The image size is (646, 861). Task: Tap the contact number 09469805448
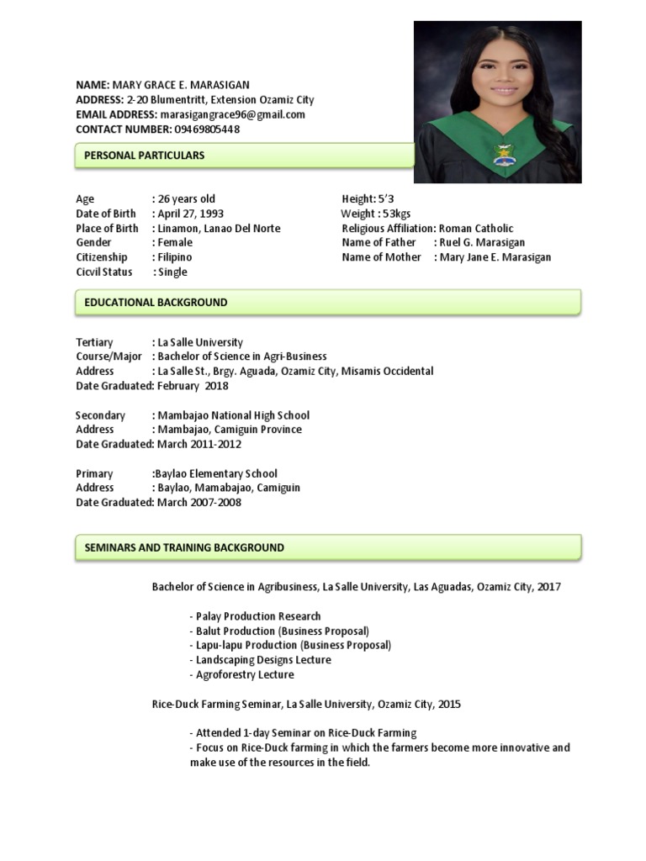tap(207, 129)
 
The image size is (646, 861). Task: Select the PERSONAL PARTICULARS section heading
tap(145, 156)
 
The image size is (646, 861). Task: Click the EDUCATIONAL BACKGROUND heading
tap(156, 302)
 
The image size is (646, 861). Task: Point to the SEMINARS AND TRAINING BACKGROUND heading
tap(184, 547)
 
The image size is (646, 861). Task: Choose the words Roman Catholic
tap(476, 229)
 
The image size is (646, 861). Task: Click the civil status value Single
tap(172, 272)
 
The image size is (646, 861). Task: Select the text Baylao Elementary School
tap(215, 473)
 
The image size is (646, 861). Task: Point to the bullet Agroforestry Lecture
tap(244, 674)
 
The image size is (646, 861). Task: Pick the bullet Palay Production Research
tap(257, 616)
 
